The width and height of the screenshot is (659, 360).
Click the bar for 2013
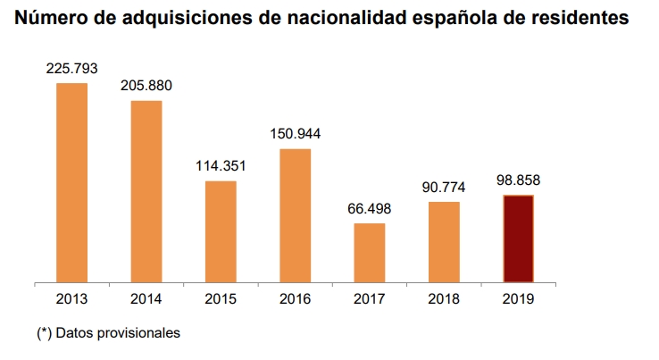[x=71, y=183]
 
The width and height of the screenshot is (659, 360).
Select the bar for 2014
[x=146, y=192]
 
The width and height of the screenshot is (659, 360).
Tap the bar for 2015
[x=221, y=232]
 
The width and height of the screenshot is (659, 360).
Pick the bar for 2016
[x=295, y=216]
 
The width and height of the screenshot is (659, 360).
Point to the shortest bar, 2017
[x=370, y=253]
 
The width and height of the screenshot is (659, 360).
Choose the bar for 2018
[x=444, y=242]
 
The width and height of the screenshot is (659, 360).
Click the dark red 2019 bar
[x=518, y=239]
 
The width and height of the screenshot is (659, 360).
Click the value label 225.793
[x=72, y=68]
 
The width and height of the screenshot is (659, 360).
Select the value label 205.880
[x=146, y=86]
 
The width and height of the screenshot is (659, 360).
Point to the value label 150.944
[x=295, y=134]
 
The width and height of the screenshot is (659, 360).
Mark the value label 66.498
[x=370, y=208]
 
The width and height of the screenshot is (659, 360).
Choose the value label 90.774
[x=444, y=187]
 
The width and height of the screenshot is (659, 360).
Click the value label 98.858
[x=518, y=180]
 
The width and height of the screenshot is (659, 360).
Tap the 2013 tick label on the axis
[x=71, y=299]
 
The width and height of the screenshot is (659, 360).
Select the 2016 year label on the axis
[x=295, y=299]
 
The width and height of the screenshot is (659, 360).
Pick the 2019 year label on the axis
[x=518, y=299]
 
